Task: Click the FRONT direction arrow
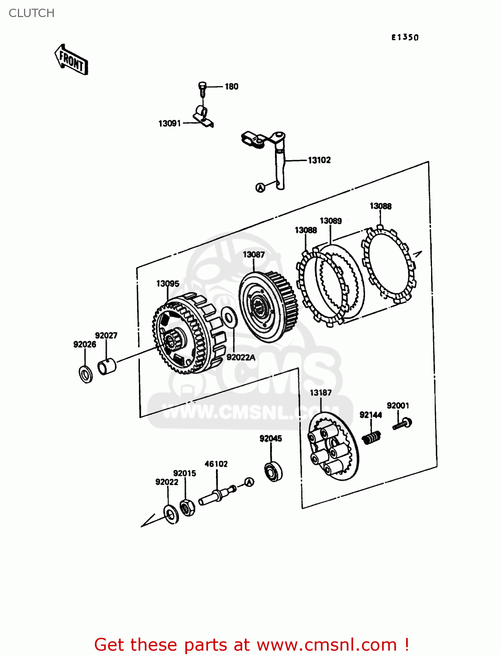[x=71, y=60]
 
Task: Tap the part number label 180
[x=231, y=86]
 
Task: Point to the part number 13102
[x=319, y=160]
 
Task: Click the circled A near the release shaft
[x=260, y=188]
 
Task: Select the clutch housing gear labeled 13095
[x=186, y=334]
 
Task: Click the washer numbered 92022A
[x=229, y=317]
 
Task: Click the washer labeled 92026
[x=86, y=374]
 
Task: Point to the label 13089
[x=331, y=221]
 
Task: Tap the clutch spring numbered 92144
[x=372, y=437]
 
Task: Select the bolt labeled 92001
[x=403, y=424]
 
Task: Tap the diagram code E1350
[x=405, y=38]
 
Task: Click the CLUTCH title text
[x=31, y=13]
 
